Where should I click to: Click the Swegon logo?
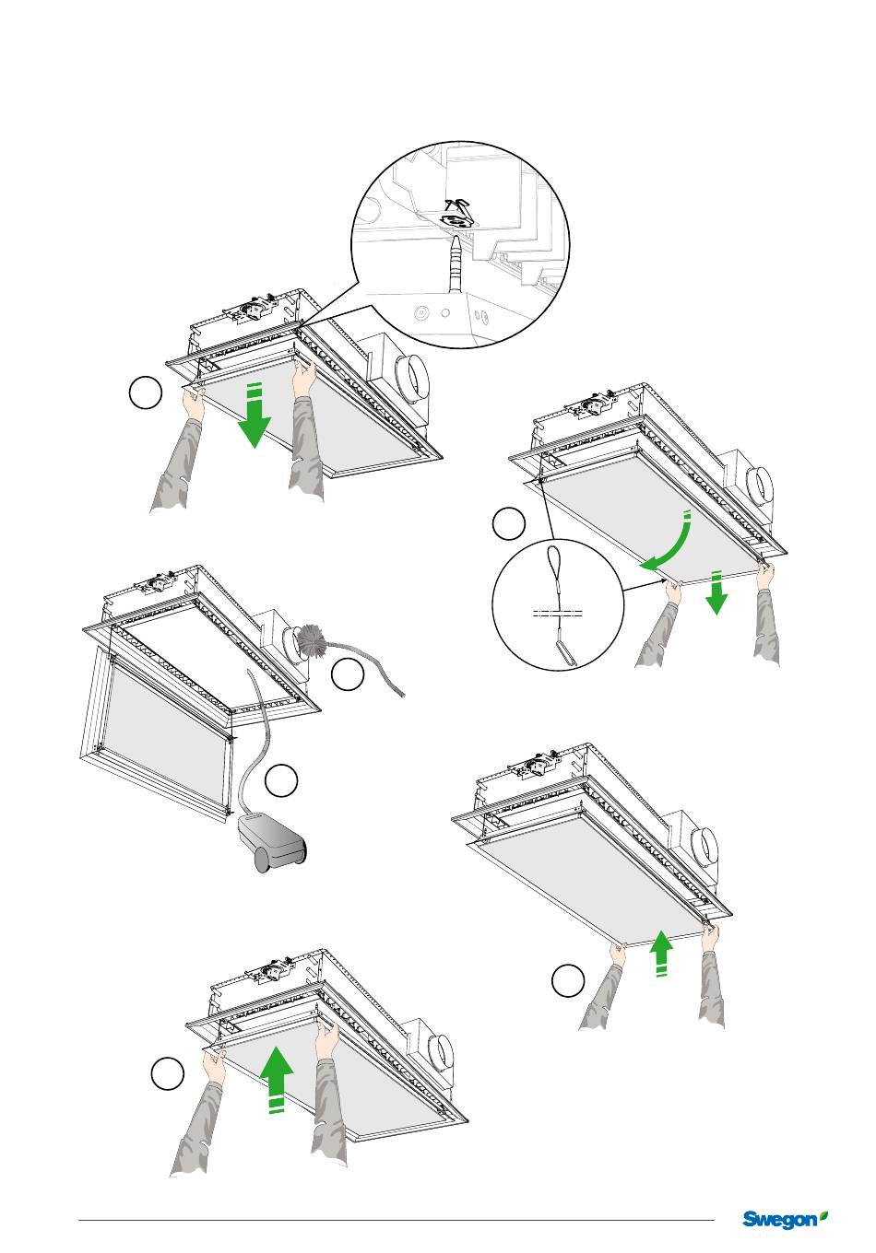(785, 1219)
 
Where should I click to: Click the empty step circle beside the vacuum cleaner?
(281, 780)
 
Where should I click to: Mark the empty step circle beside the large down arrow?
(146, 393)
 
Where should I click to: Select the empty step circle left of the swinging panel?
(508, 523)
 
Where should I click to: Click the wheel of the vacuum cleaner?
(263, 861)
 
